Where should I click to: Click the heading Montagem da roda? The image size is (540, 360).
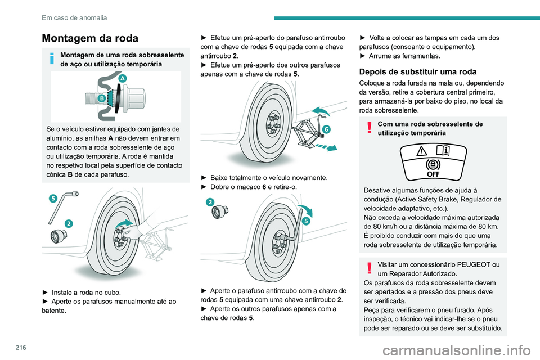90,38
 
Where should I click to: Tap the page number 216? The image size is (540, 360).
21,348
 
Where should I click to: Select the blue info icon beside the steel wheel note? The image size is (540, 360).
52,58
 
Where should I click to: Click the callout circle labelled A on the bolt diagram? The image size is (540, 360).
122,78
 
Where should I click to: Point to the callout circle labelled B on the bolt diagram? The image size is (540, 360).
102,98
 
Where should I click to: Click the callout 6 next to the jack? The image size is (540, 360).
326,129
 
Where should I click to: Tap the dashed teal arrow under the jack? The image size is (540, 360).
326,147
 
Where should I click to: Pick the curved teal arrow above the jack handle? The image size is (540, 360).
320,111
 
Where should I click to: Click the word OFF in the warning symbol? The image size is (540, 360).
433,174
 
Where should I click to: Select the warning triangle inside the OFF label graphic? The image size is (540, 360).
421,151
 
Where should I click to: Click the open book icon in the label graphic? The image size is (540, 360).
443,151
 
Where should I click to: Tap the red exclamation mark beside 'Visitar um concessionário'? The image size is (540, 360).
369,268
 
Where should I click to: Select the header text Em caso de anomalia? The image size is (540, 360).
74,18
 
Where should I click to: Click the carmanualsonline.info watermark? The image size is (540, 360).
457,351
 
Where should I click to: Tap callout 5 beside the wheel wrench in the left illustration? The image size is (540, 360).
53,198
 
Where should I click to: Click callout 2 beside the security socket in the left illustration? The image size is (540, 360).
69,223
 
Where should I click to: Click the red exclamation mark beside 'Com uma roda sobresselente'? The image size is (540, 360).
369,127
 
